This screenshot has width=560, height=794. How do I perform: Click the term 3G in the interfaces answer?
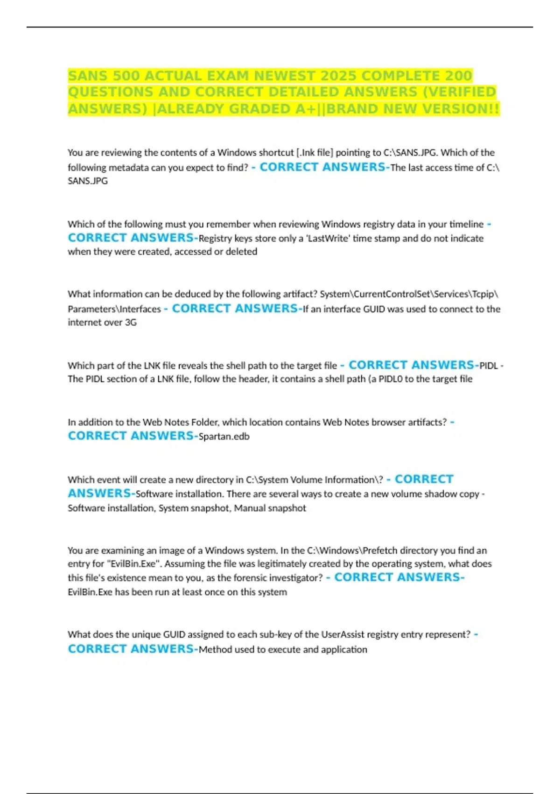click(x=131, y=322)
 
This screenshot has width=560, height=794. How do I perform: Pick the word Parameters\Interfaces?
click(x=114, y=309)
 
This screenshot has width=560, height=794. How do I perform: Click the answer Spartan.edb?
click(x=224, y=437)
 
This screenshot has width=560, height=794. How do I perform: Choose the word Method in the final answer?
click(x=215, y=650)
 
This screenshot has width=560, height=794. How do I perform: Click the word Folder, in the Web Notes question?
click(x=204, y=422)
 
